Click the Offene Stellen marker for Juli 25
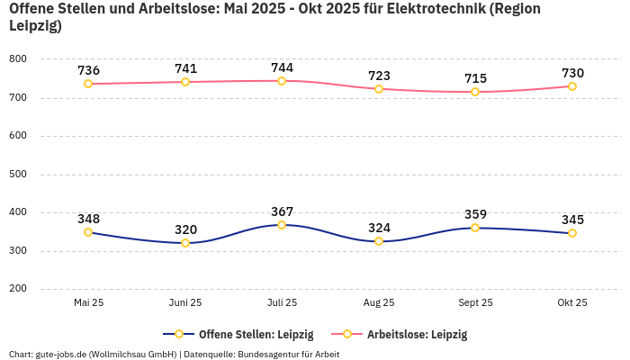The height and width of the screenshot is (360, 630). pyautogui.click(x=282, y=225)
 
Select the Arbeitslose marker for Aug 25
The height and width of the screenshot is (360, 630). pyautogui.click(x=379, y=89)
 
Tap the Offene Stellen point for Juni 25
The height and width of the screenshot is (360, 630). pyautogui.click(x=185, y=243)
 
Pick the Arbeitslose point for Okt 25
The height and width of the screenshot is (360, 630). pyautogui.click(x=572, y=86)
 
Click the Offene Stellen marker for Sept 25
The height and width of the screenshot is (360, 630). pyautogui.click(x=475, y=228)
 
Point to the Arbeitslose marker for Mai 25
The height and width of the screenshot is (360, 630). pyautogui.click(x=88, y=84)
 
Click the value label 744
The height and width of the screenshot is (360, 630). pyautogui.click(x=282, y=67)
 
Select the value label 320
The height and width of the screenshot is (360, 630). pyautogui.click(x=185, y=229)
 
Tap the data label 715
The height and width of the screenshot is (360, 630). pyautogui.click(x=475, y=78)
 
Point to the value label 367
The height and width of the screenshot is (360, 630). pyautogui.click(x=282, y=211)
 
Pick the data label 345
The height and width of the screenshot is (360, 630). pyautogui.click(x=572, y=220)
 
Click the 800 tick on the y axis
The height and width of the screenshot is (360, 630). pyautogui.click(x=18, y=59)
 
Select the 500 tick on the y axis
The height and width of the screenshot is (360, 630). pyautogui.click(x=18, y=175)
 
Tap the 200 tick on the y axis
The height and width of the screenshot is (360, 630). pyautogui.click(x=18, y=289)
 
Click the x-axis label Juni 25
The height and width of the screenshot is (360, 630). pyautogui.click(x=185, y=303)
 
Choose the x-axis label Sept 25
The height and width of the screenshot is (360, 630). pyautogui.click(x=475, y=303)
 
